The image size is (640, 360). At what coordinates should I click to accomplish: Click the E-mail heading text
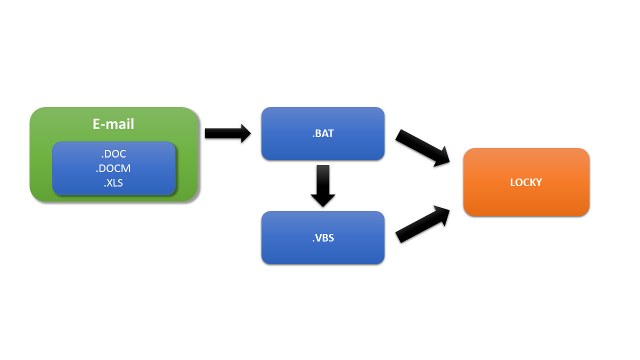113,124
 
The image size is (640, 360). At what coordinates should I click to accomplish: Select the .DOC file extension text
113,154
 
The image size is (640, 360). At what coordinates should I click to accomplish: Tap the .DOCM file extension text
113,168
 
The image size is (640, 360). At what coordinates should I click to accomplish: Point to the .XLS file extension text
113,183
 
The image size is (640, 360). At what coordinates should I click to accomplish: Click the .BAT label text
323,133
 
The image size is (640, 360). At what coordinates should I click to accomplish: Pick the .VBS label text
323,238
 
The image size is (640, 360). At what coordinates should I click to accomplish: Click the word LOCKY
526,182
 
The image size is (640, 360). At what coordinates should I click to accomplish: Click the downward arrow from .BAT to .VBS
323,184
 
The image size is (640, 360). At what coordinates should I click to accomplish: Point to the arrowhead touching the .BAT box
245,133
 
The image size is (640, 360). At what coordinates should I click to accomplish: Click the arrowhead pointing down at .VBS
323,199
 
